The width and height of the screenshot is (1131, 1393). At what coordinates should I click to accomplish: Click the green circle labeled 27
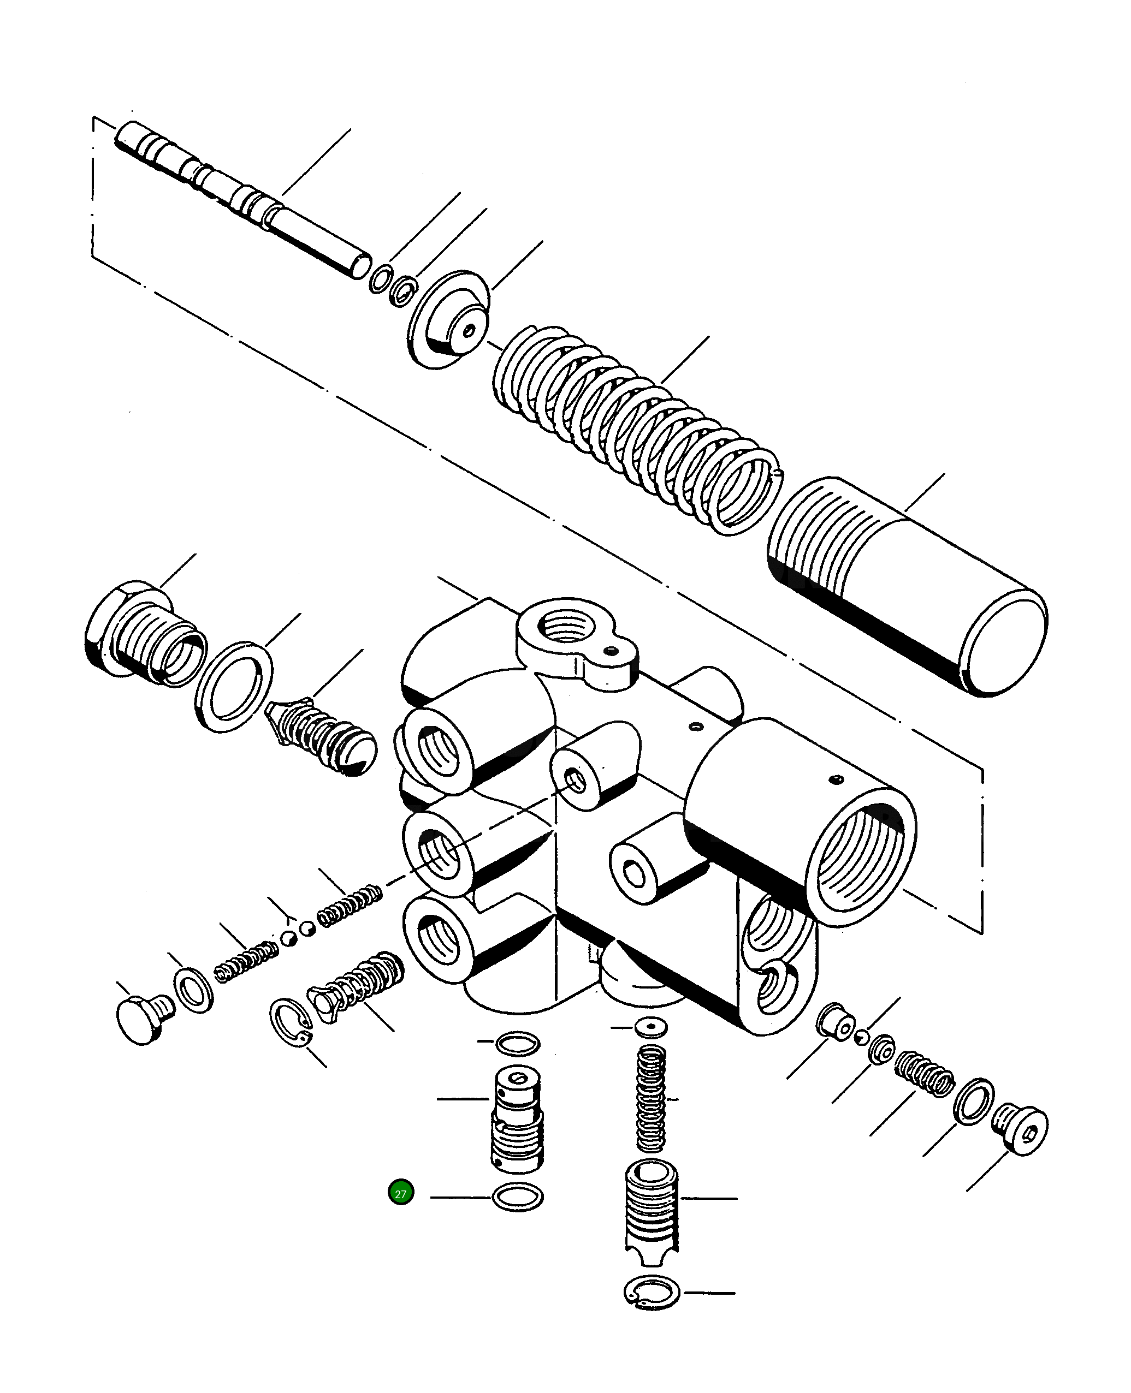tap(401, 1193)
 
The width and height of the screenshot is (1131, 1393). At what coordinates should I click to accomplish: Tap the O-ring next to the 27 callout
tap(518, 1197)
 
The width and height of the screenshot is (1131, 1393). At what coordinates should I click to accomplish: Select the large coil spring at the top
tap(635, 430)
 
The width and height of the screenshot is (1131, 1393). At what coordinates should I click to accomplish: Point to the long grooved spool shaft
tap(241, 199)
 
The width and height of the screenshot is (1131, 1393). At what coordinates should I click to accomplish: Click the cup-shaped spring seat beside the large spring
tap(449, 319)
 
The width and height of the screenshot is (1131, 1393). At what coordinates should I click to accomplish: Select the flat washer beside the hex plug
tap(234, 686)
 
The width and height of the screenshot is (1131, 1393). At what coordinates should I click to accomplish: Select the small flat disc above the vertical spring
tap(651, 1028)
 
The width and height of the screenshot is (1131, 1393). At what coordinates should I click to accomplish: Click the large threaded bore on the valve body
tap(860, 853)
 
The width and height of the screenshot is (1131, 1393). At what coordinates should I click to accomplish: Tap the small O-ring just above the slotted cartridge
tap(518, 1043)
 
